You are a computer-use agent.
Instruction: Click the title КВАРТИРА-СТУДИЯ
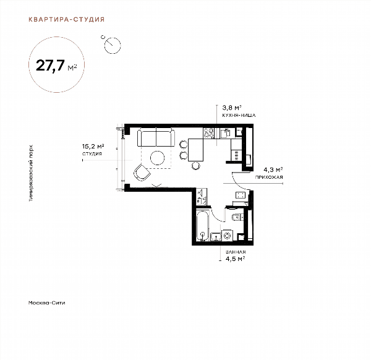click(67, 19)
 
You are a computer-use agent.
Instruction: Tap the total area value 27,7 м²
click(56, 66)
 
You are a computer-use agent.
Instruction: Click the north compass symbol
click(112, 45)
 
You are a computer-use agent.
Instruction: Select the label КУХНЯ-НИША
click(239, 116)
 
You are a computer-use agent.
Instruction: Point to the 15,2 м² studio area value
click(93, 146)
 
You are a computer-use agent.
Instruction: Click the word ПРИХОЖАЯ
click(269, 177)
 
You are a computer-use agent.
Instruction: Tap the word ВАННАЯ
click(236, 252)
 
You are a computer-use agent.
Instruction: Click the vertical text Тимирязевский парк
click(31, 173)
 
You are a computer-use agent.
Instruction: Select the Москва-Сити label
click(46, 302)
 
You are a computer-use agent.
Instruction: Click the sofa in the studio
click(156, 137)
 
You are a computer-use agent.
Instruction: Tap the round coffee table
click(157, 158)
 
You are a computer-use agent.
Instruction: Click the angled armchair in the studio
click(142, 173)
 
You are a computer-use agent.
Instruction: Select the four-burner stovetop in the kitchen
click(209, 133)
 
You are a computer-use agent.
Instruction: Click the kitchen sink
click(225, 133)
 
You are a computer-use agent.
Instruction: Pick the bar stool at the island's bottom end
click(195, 166)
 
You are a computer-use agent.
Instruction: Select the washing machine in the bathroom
click(227, 236)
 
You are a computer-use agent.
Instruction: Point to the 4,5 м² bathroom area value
click(235, 259)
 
